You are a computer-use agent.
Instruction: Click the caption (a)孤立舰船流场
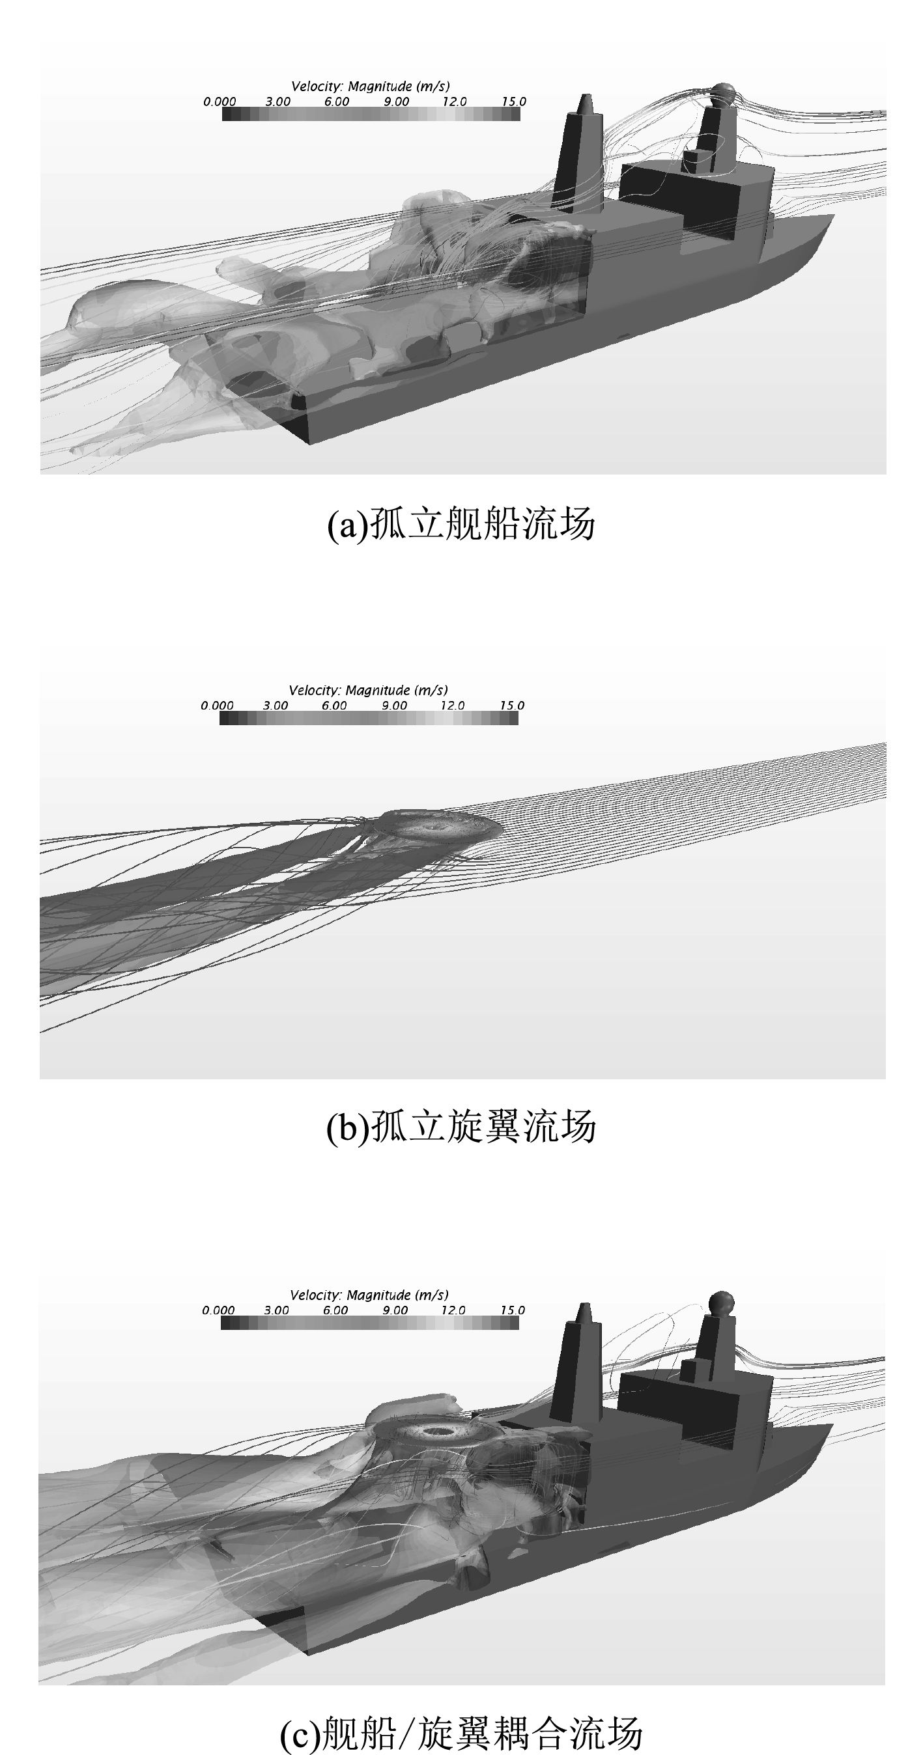tap(461, 524)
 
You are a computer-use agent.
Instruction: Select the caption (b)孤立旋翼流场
tap(461, 1126)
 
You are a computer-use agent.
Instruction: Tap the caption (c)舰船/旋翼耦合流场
tap(461, 1729)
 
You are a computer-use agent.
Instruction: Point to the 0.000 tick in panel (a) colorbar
tap(220, 102)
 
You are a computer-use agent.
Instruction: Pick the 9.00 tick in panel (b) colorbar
tap(393, 705)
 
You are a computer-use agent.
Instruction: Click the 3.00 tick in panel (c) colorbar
tap(276, 1310)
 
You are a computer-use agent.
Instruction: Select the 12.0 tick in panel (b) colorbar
tap(452, 705)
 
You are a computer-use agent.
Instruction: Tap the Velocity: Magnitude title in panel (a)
tap(370, 87)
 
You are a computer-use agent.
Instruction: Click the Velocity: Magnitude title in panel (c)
tap(369, 1295)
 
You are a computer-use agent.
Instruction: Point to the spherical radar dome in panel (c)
tap(721, 1302)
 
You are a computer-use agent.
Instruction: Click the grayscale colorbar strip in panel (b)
tap(369, 718)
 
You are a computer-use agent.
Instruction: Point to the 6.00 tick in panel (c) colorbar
tap(335, 1310)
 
